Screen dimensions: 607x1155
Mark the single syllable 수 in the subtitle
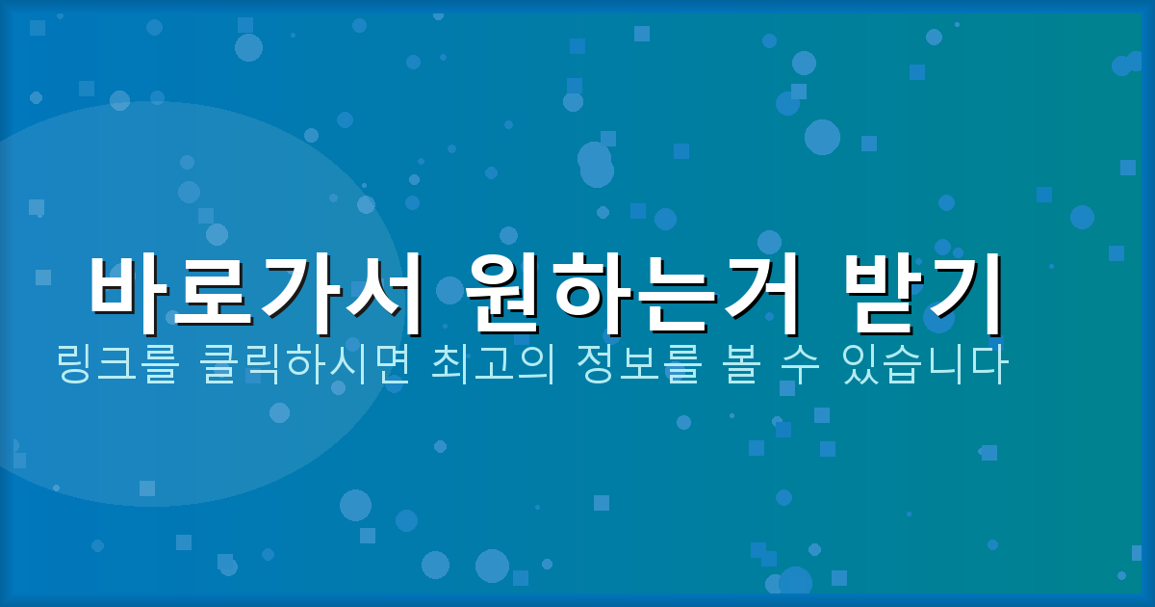(795, 366)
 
